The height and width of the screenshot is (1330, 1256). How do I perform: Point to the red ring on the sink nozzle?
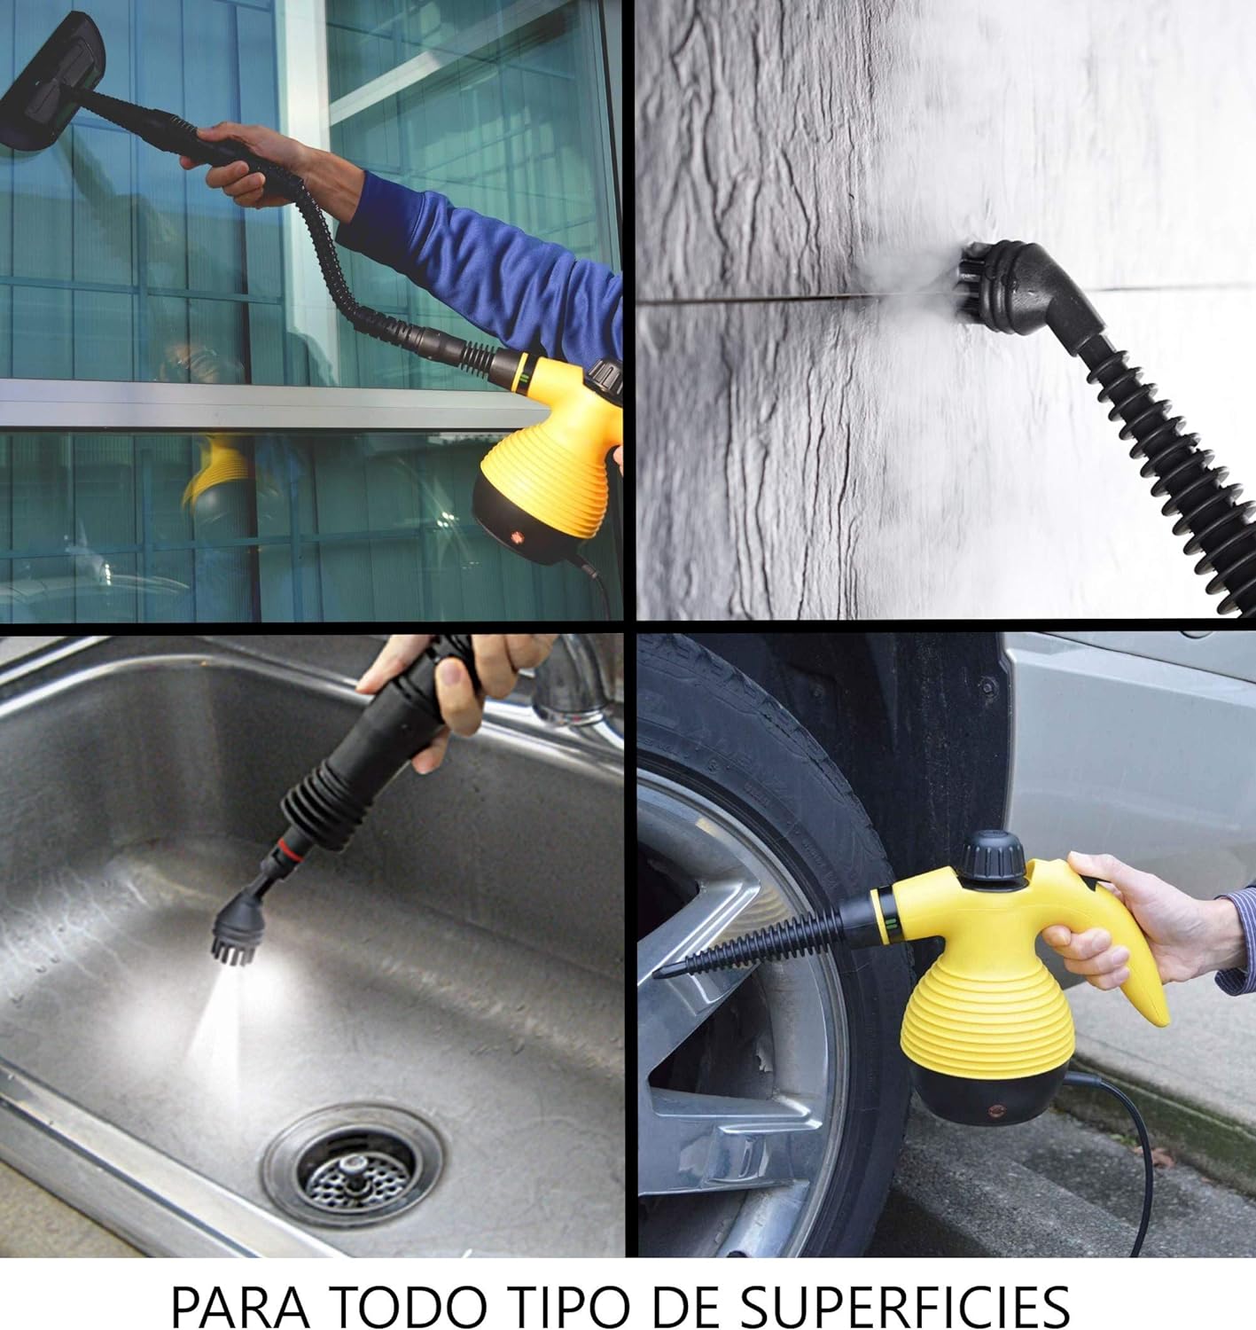tap(291, 849)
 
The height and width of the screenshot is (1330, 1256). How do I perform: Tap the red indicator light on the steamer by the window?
tap(516, 536)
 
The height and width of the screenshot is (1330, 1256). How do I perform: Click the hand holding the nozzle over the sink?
tap(462, 690)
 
